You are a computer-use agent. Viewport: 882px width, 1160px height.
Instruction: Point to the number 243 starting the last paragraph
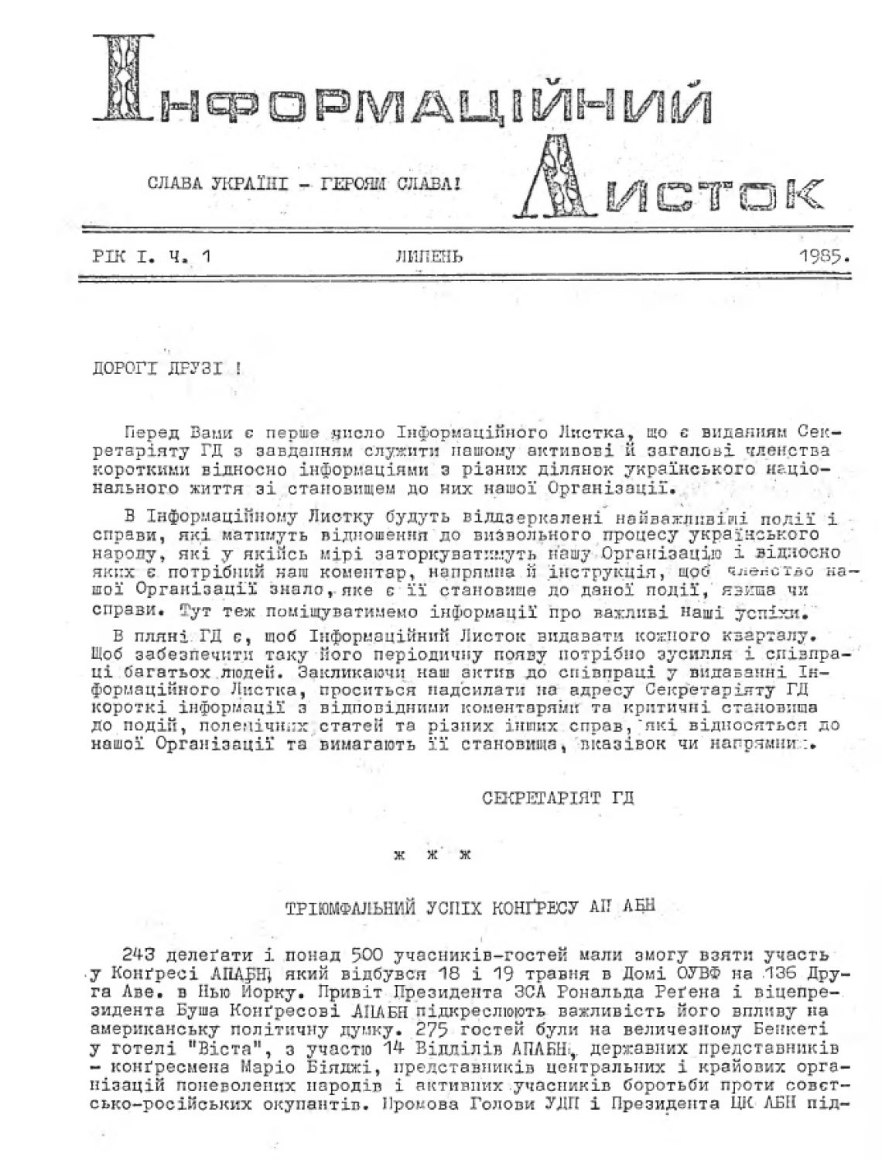coord(138,953)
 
